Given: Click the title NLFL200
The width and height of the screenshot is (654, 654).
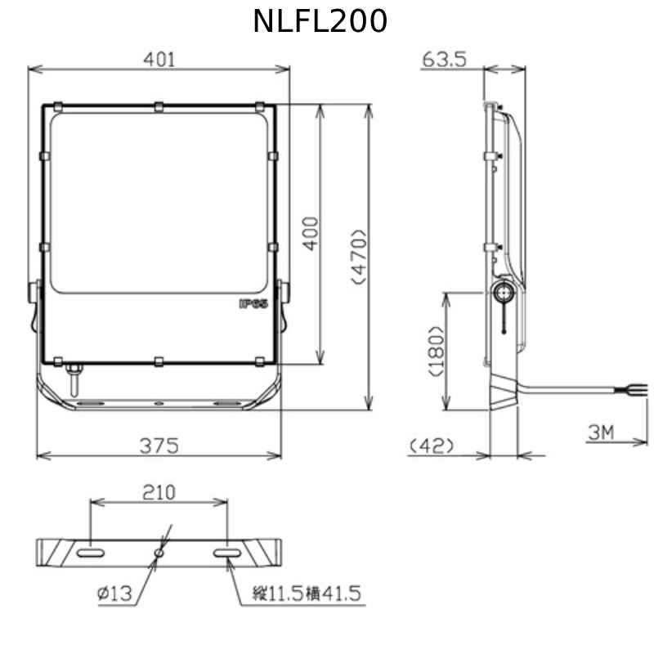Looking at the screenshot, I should (x=320, y=22).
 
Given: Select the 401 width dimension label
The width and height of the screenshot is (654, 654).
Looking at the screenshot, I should (x=159, y=59).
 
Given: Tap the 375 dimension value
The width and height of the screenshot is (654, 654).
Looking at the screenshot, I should (x=159, y=445).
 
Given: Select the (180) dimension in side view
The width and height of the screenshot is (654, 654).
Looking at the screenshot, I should (x=436, y=351).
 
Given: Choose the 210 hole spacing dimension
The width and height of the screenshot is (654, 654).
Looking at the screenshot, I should (x=159, y=492).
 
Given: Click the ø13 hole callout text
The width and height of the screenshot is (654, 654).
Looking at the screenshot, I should (x=114, y=594).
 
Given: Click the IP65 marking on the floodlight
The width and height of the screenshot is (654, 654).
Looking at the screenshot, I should (x=253, y=303).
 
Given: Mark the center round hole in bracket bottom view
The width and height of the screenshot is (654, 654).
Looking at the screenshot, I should (x=159, y=554).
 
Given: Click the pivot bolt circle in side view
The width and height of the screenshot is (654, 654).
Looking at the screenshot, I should (x=504, y=290).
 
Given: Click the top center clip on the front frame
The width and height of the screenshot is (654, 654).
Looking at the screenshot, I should (x=158, y=105).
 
